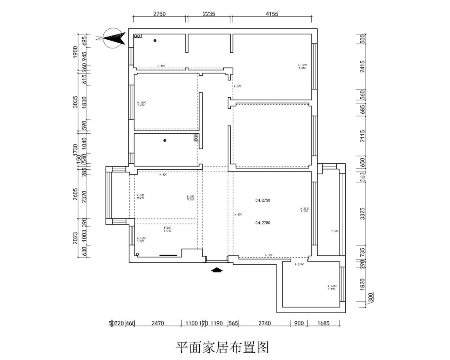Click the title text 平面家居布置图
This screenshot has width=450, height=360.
[222, 347]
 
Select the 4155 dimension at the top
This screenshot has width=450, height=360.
[271, 14]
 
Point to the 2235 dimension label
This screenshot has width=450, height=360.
[209, 14]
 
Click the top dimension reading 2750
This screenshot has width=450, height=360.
[159, 14]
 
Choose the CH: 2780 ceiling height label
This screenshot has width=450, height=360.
[263, 223]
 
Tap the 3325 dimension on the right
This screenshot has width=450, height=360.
[362, 213]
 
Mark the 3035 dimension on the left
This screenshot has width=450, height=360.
[75, 102]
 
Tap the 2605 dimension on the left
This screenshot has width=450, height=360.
[75, 194]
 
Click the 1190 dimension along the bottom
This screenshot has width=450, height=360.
[216, 323]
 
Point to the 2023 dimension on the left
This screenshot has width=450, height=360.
[75, 238]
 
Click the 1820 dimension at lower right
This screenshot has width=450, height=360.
[362, 284]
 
